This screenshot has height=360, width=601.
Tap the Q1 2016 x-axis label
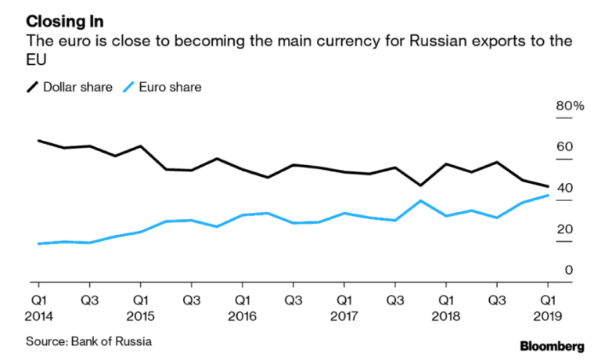pyautogui.click(x=243, y=308)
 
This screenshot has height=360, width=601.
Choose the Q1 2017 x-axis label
pyautogui.click(x=344, y=308)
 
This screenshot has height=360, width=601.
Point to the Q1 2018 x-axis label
pyautogui.click(x=445, y=308)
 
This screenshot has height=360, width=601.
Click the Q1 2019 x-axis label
pyautogui.click(x=548, y=308)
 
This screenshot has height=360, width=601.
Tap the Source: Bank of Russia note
pyautogui.click(x=88, y=341)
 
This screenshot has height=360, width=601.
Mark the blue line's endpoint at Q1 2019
pyautogui.click(x=548, y=195)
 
